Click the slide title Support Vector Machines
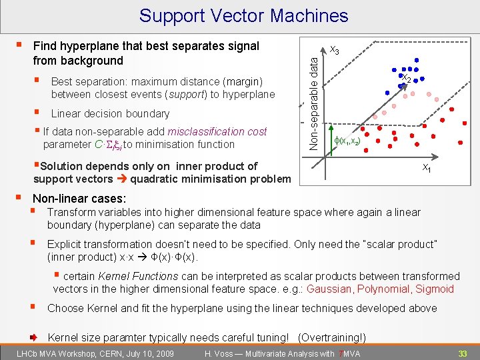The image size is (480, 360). click(244, 15)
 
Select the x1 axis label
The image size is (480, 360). click(425, 169)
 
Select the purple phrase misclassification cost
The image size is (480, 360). click(217, 131)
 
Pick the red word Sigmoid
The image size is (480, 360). click(435, 289)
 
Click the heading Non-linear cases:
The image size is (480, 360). click(79, 198)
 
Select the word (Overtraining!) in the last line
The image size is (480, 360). click(332, 337)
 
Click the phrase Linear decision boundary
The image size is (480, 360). click(110, 113)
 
